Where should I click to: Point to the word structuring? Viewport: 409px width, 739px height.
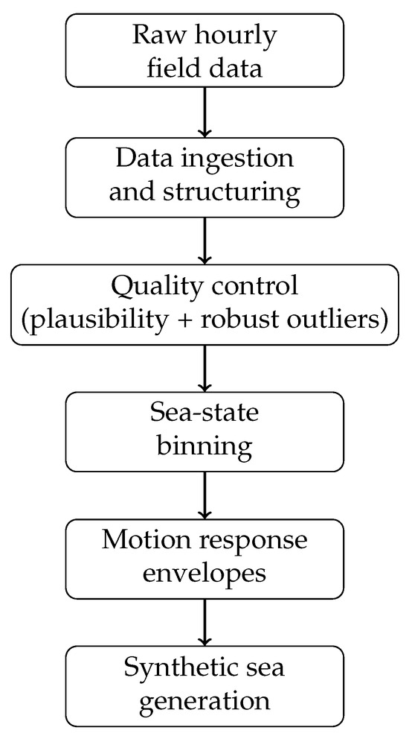click(231, 193)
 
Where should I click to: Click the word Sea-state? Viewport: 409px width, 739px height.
click(204, 413)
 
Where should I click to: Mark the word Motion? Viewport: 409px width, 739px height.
click(138, 540)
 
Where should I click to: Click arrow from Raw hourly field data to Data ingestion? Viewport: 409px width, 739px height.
click(204, 112)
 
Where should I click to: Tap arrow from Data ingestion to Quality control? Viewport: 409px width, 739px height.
click(204, 241)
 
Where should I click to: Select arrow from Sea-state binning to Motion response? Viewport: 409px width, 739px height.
click(204, 495)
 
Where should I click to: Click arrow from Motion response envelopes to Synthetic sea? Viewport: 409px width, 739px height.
click(204, 623)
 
